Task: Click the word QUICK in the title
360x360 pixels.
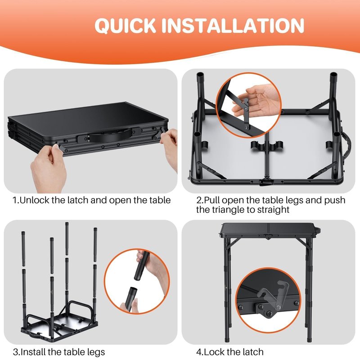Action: click(125, 25)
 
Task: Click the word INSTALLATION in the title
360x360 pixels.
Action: click(233, 25)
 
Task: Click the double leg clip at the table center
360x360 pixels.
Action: click(267, 145)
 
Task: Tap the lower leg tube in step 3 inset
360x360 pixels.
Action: click(131, 299)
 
